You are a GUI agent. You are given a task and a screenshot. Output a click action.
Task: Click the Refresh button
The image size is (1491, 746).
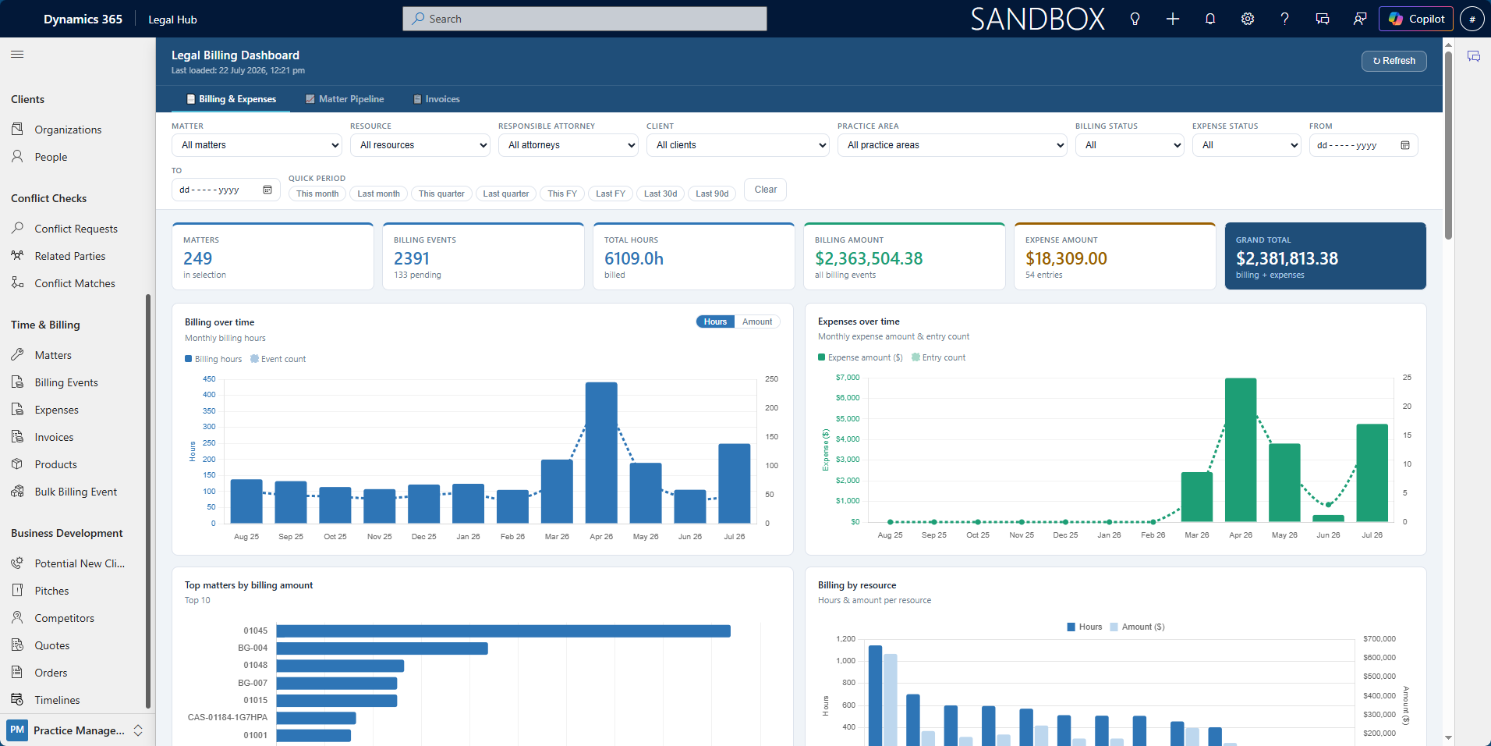(1394, 61)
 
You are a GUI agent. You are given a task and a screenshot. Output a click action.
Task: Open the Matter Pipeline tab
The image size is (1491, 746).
(345, 99)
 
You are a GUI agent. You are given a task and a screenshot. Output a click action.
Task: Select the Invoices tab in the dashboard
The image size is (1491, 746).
(437, 99)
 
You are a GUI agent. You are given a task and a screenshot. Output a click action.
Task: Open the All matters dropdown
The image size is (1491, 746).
(257, 145)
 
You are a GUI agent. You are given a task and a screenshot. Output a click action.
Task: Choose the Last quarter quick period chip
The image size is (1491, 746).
(505, 194)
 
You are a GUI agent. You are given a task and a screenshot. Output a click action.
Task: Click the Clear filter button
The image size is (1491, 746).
(765, 190)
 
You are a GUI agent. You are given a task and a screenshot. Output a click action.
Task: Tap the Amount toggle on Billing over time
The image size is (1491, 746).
(757, 321)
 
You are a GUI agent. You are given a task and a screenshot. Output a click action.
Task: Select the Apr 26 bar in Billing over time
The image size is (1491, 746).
(601, 453)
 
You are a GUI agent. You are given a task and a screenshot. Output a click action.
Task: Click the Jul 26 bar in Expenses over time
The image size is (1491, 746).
(1372, 473)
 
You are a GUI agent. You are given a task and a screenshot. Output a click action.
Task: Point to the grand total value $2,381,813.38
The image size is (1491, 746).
(1287, 258)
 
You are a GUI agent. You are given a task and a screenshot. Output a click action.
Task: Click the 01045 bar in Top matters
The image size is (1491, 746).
(503, 631)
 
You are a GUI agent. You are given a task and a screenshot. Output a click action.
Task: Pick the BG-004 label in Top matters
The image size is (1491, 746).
(253, 648)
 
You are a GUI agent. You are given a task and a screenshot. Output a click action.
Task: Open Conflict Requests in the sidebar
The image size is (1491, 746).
(76, 229)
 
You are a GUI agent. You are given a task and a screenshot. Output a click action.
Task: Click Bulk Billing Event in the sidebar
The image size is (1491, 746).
(76, 492)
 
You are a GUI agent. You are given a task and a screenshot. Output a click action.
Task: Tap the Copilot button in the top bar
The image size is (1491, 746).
(1415, 19)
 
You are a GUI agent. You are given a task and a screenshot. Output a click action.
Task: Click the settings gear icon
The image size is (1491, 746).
(1248, 19)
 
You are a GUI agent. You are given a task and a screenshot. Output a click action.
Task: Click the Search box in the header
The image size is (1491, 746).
(585, 19)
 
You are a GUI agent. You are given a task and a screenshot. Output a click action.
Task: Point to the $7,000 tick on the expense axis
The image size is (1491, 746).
(848, 378)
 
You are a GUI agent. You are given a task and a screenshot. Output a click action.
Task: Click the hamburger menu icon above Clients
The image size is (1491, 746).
(17, 54)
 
